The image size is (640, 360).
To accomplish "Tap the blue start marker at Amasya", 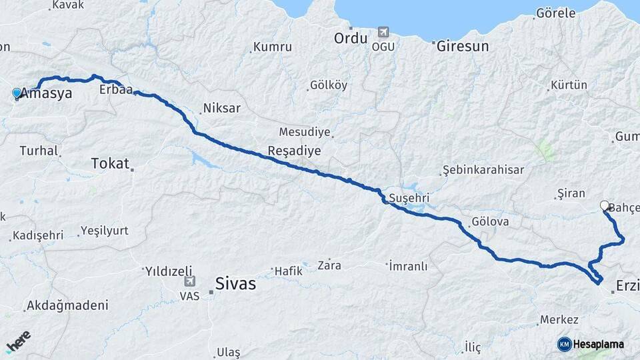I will click(x=17, y=93).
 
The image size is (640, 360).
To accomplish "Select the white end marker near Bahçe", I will click(x=605, y=205).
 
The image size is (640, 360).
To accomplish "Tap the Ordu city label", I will click(x=351, y=38).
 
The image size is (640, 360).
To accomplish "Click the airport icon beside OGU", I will click(x=383, y=31).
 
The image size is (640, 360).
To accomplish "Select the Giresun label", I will click(x=463, y=47).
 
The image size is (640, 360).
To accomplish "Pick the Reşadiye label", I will click(x=294, y=151).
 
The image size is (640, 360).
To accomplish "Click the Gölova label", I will click(x=490, y=221).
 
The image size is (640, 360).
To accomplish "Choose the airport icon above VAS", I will click(x=190, y=282).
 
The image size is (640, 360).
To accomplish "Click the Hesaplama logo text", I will click(x=598, y=344).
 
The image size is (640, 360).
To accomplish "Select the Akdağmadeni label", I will click(x=67, y=306).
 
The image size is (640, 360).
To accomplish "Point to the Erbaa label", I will click(x=115, y=89).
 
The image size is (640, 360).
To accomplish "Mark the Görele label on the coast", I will click(x=555, y=13).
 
